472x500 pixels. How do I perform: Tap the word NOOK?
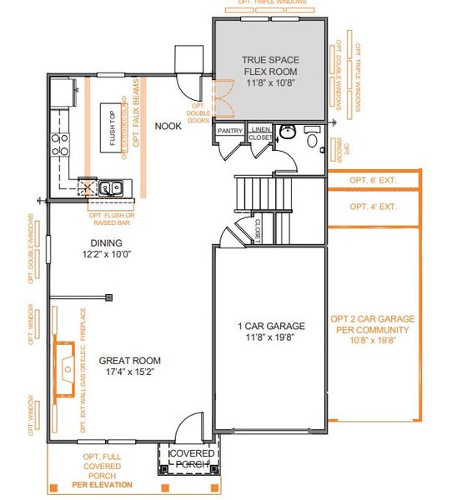168,127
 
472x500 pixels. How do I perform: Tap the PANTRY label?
229,132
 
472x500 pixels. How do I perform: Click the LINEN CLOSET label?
259,133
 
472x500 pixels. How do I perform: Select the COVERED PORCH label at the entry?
192,458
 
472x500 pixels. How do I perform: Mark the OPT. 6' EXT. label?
373,180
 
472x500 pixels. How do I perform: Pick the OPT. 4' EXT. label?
373,207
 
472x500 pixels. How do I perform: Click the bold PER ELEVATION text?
102,484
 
